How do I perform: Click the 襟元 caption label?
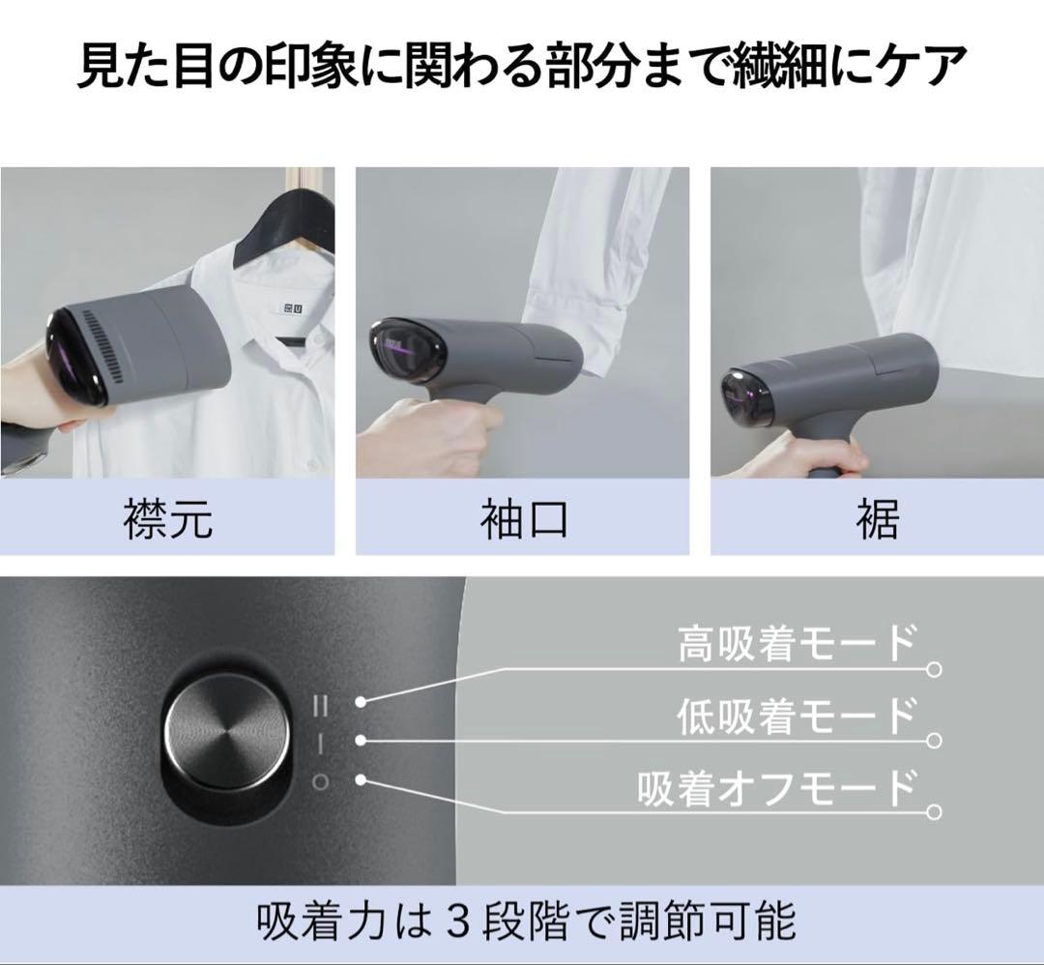click(x=167, y=519)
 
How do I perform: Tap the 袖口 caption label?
click(x=522, y=519)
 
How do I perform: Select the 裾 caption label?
click(x=877, y=519)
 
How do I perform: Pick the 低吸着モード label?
click(x=796, y=716)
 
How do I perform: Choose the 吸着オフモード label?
click(x=776, y=788)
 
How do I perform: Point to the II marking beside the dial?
click(x=319, y=706)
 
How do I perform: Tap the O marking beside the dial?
click(x=319, y=781)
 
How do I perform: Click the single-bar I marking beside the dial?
click(x=319, y=743)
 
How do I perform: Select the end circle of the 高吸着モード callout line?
click(x=933, y=669)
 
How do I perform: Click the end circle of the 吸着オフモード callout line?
click(x=933, y=812)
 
